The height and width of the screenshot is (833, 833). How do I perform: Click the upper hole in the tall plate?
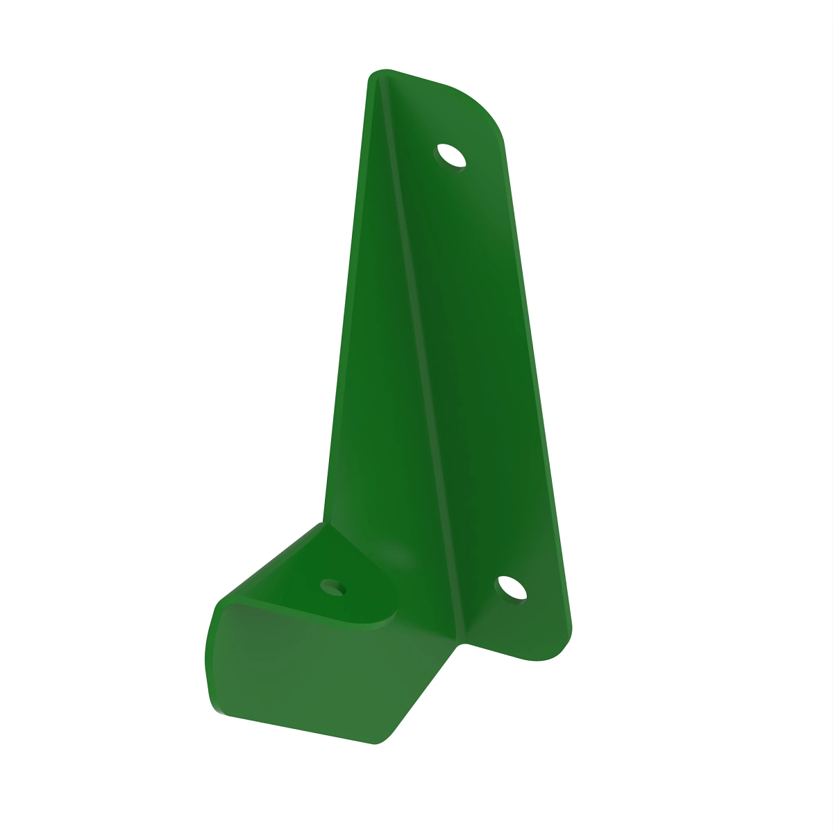click(x=451, y=155)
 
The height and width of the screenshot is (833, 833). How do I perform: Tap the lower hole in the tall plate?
click(x=512, y=588)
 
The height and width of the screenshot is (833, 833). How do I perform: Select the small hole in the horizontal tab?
click(x=334, y=587)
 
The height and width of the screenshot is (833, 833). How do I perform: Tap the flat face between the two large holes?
click(x=479, y=368)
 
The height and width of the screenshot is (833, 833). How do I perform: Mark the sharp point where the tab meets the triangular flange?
click(x=323, y=524)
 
